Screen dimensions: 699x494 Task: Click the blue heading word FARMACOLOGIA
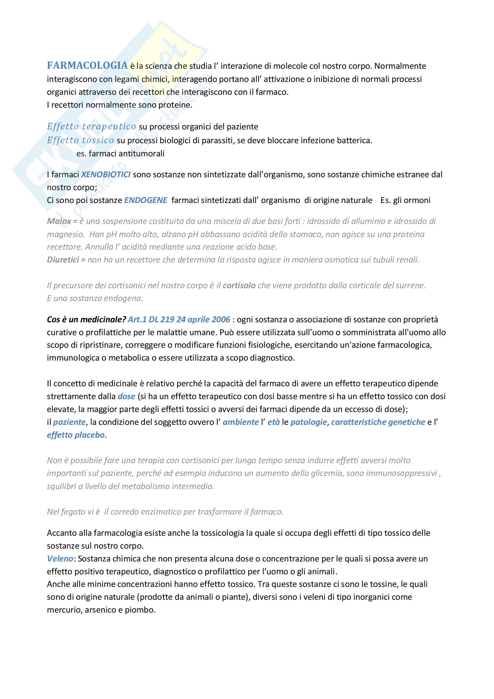[87, 66]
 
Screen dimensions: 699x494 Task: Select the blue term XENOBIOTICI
[106, 174]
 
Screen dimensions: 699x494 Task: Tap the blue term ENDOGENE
[146, 200]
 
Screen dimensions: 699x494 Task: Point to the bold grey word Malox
[59, 221]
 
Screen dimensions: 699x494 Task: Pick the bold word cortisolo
[239, 286]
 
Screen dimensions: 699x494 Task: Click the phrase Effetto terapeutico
[91, 127]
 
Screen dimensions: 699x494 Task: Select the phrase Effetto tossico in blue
[80, 140]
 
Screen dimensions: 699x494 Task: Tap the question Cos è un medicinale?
[86, 319]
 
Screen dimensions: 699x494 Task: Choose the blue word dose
[126, 396]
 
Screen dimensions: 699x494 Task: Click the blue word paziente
[69, 422]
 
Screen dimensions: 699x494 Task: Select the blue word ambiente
[241, 422]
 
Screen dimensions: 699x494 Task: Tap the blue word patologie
[309, 422]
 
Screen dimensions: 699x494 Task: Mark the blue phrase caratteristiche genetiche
[378, 422]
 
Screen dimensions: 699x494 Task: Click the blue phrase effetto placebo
[76, 435]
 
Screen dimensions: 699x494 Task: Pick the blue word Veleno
[60, 559]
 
